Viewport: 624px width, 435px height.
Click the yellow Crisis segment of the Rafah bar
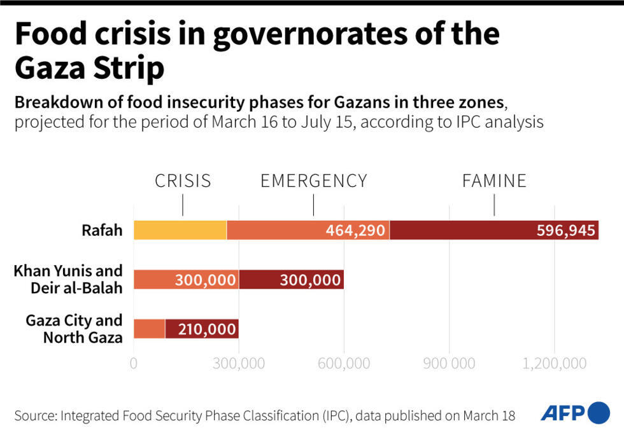point(180,230)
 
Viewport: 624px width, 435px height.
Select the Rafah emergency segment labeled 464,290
point(308,230)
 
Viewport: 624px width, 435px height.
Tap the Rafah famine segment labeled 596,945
point(494,230)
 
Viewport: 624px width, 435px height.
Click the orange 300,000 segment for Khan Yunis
point(186,279)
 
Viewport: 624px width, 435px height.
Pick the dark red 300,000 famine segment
point(291,279)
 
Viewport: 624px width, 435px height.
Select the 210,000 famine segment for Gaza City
point(201,329)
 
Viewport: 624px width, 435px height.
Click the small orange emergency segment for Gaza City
point(149,329)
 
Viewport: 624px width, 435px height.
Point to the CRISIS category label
point(183,181)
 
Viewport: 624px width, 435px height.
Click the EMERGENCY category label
point(313,181)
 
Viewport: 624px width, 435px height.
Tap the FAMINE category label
point(494,181)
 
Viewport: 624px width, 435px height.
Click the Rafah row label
point(102,230)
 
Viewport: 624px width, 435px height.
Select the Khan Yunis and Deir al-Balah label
point(68,279)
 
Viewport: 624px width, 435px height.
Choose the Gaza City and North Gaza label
point(74,329)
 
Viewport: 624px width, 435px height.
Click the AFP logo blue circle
point(599,413)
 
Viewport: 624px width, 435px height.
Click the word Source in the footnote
point(35,416)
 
